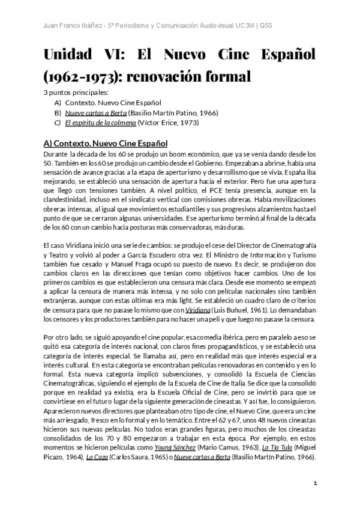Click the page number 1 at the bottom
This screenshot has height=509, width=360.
tap(315, 483)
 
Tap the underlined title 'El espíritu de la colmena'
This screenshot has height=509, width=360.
tap(100, 123)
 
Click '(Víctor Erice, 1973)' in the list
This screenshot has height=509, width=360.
tap(169, 123)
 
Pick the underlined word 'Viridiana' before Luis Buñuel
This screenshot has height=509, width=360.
tap(197, 310)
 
